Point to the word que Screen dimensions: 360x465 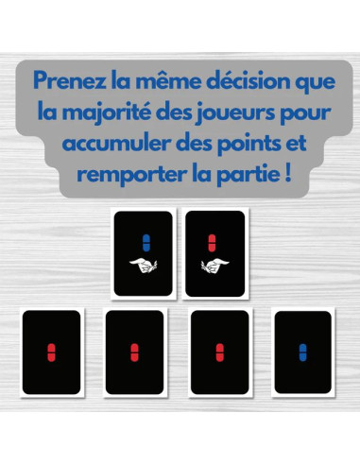pos(316,83)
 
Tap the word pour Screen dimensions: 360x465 pos(305,114)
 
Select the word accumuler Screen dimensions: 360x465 pos(116,144)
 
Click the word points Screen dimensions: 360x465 pos(249,145)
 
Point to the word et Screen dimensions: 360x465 pos(297,145)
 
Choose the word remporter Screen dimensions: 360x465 pos(132,175)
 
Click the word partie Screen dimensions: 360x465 pos(248,175)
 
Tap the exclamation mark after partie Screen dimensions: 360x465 pos(288,174)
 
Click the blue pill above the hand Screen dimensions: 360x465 pos(146,243)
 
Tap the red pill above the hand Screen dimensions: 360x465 pos(212,243)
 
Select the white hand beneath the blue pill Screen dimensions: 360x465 pos(144,266)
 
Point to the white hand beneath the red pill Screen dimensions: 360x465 pos(215,266)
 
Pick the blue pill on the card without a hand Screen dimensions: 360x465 pos(303,353)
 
